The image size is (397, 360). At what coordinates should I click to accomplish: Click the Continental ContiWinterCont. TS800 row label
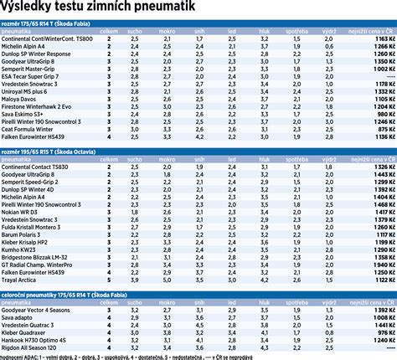pos(47,39)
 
